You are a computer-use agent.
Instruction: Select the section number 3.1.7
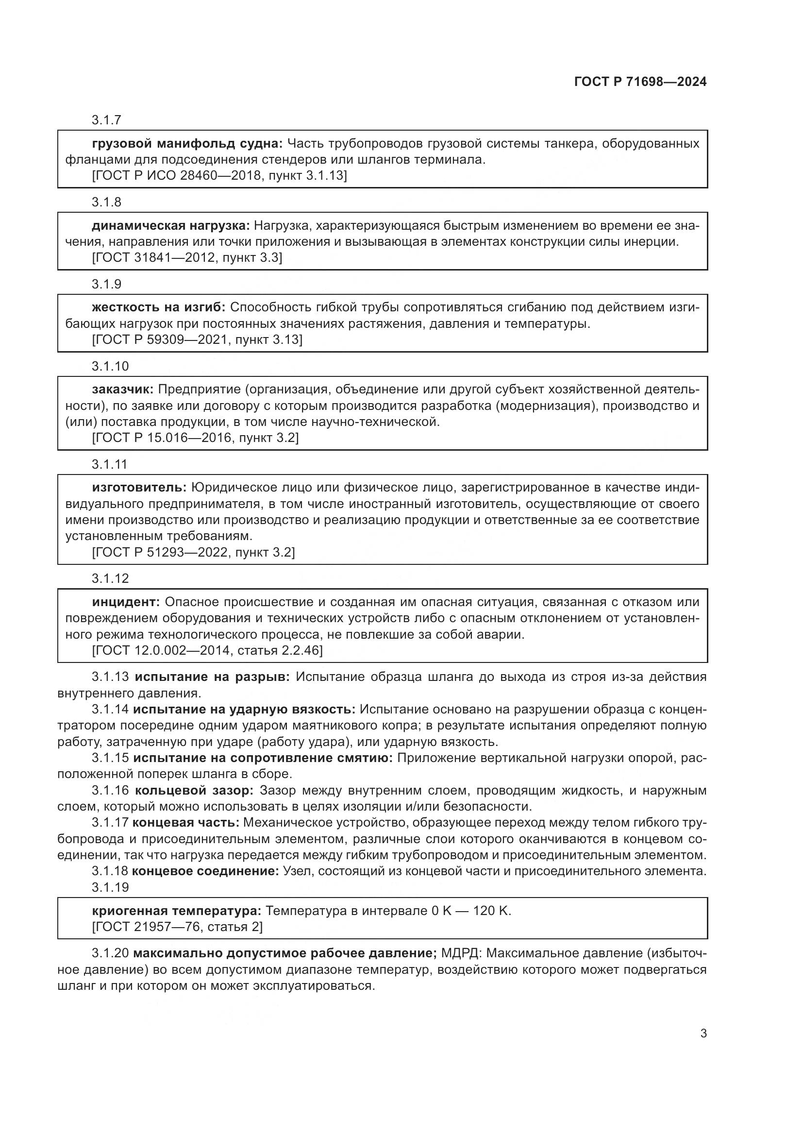[106, 120]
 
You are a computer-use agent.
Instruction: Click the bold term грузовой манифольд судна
[187, 144]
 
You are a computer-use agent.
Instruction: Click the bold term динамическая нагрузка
[170, 226]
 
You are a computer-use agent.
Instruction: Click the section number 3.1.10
[110, 366]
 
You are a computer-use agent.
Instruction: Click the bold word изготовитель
[139, 488]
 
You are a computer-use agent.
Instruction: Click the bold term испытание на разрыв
[212, 677]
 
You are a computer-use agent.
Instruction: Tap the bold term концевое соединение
[205, 871]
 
